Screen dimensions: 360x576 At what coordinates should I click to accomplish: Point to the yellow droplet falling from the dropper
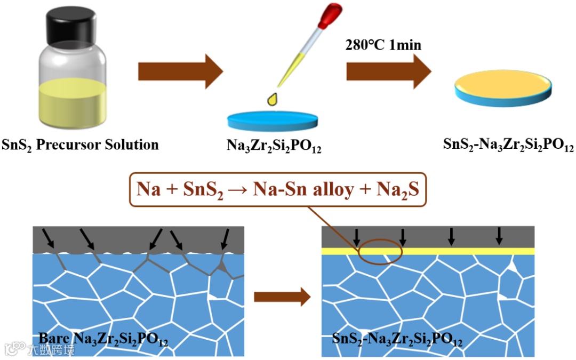click(x=273, y=100)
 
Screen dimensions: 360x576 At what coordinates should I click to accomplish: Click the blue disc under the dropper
click(x=274, y=121)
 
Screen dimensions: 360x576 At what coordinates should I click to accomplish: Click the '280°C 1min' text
click(x=383, y=45)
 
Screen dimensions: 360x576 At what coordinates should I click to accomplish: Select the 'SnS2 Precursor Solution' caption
click(x=81, y=145)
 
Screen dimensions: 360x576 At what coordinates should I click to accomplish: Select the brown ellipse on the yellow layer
click(x=380, y=251)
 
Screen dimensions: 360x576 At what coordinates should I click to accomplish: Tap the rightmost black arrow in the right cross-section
click(x=499, y=236)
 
